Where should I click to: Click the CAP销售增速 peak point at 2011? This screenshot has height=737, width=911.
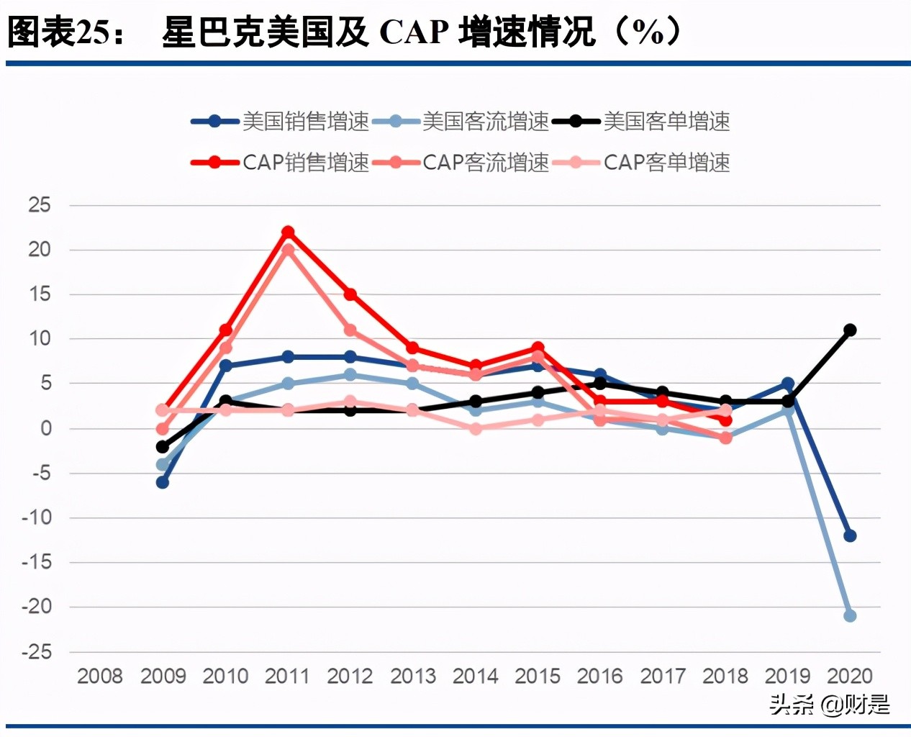[288, 232]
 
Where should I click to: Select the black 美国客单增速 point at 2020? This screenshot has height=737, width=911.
[850, 330]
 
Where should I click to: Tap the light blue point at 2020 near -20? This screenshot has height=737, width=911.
[850, 615]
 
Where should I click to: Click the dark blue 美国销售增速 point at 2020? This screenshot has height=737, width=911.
[850, 535]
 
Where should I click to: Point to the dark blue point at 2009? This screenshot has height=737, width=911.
[163, 482]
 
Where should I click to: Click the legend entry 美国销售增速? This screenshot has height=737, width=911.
[281, 122]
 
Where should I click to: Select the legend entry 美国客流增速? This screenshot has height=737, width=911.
[461, 122]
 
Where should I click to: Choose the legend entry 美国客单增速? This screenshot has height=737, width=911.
[642, 122]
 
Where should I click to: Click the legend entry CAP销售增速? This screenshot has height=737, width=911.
[281, 163]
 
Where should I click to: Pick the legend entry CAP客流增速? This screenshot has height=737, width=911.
[461, 163]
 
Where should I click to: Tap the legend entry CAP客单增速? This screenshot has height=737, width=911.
[642, 163]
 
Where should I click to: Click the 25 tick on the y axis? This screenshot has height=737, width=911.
[40, 205]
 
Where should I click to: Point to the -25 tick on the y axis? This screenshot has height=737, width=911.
[37, 652]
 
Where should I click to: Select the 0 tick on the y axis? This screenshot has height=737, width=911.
[46, 429]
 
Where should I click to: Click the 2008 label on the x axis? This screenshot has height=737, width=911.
[100, 677]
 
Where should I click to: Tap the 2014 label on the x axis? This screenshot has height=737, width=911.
[475, 677]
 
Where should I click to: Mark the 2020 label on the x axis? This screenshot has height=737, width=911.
[850, 677]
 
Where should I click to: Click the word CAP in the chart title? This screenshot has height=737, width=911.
[414, 32]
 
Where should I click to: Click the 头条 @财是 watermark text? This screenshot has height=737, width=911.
[829, 704]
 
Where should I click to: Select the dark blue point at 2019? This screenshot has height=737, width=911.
[788, 384]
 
